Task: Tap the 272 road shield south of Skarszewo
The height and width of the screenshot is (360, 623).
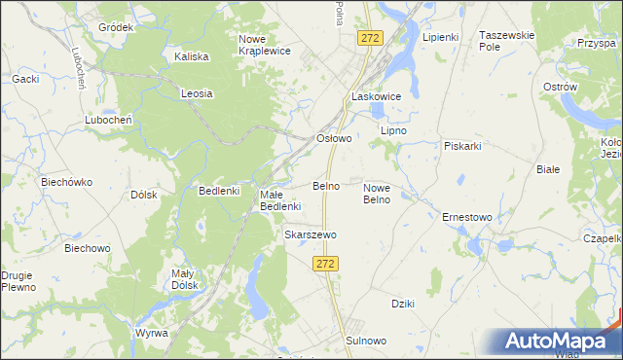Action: tap(326, 265)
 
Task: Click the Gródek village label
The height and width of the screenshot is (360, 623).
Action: tap(115, 27)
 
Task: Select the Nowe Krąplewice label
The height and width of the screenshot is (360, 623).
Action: tap(265, 45)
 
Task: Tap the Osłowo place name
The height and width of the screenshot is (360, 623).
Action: tap(334, 138)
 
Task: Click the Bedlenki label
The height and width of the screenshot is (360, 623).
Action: tap(219, 191)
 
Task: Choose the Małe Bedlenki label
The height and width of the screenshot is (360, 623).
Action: tap(280, 200)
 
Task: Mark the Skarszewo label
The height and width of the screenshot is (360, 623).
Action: tap(310, 235)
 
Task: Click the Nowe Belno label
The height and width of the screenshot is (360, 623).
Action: tap(377, 194)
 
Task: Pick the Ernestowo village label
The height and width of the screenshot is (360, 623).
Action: tap(467, 217)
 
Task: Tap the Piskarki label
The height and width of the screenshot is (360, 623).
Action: tap(463, 146)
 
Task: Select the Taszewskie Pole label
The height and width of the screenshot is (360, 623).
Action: tap(507, 40)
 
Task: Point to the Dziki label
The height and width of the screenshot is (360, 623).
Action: tap(403, 304)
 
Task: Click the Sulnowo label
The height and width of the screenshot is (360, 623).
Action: tap(366, 341)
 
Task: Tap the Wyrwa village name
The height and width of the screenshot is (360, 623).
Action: tap(151, 333)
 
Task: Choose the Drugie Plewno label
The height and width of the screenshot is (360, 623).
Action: tap(18, 281)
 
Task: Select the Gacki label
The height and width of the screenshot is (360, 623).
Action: tap(24, 78)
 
